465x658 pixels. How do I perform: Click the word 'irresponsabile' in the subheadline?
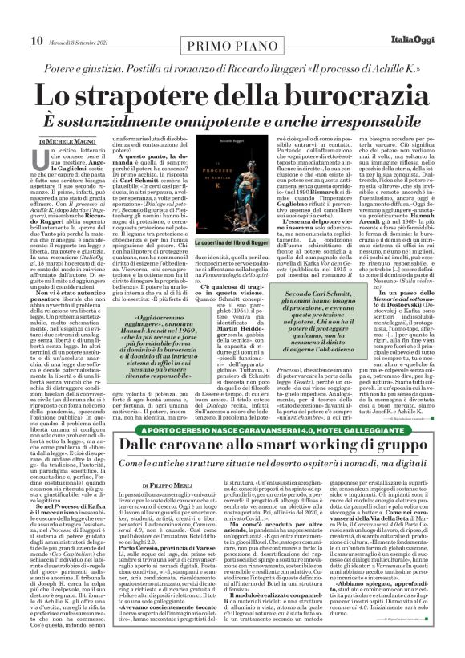[x=354, y=120]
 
